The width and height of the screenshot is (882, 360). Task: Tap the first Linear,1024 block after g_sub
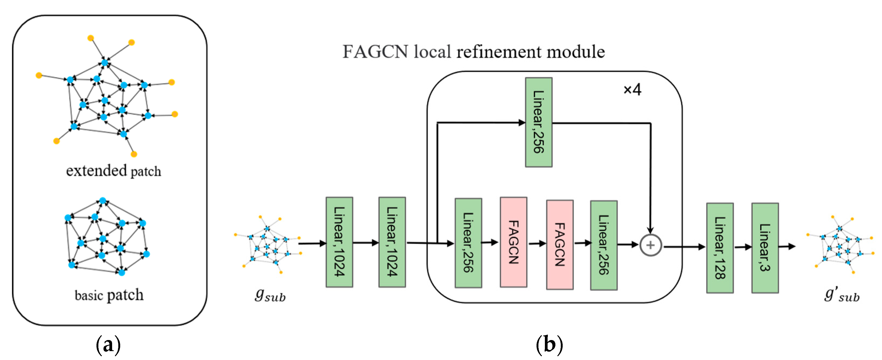339,242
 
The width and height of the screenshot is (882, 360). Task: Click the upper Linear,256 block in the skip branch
538,122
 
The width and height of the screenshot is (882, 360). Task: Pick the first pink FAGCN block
513,242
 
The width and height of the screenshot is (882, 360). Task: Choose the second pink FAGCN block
559,245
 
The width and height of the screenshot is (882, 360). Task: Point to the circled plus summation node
650,245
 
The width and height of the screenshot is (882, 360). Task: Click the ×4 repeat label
632,90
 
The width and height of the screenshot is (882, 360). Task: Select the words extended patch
113,171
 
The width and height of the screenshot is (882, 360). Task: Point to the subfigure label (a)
108,345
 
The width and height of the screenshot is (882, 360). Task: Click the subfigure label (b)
549,345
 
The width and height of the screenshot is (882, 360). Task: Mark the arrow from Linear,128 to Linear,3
743,247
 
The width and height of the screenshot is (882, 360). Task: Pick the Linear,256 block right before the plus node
603,245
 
